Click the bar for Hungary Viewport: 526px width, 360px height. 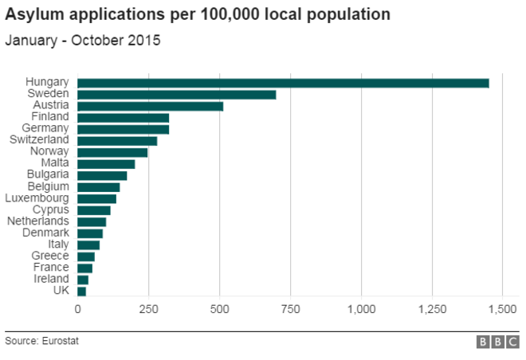[x=283, y=83]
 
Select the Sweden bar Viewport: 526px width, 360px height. [x=177, y=94]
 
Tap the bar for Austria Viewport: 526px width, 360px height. [x=151, y=106]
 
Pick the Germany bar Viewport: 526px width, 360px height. [x=124, y=129]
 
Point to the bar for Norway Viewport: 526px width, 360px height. [x=113, y=152]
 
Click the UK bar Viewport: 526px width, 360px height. [x=82, y=292]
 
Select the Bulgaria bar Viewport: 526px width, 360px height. [x=103, y=175]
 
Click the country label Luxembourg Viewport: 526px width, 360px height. [x=37, y=198]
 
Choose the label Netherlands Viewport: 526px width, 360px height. [x=38, y=221]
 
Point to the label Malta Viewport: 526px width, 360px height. [x=55, y=163]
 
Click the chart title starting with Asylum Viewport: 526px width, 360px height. [x=198, y=15]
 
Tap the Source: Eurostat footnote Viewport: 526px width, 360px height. [x=41, y=341]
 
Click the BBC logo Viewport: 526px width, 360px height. [x=498, y=342]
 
